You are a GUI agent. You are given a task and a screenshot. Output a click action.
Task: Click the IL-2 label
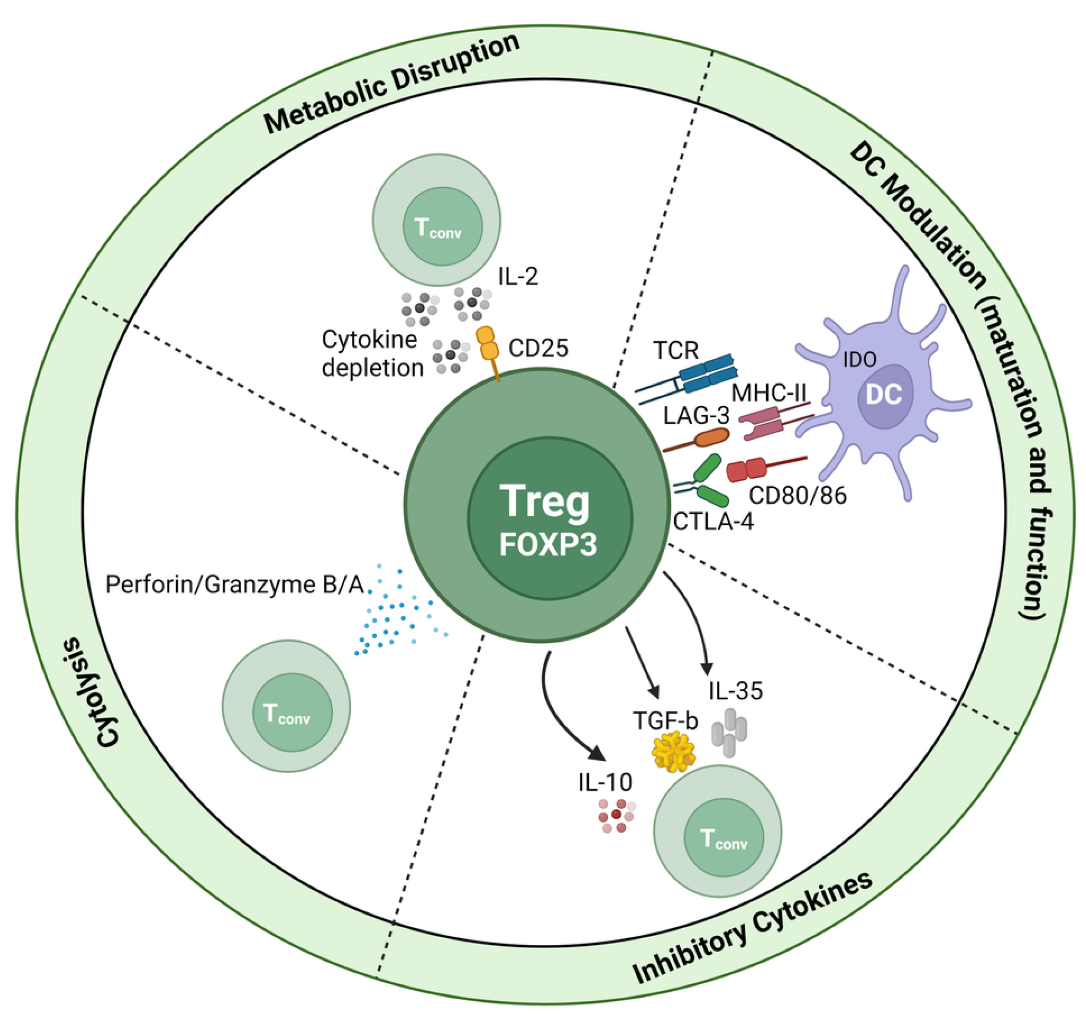(517, 276)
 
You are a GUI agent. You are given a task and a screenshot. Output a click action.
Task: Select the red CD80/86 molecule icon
(747, 470)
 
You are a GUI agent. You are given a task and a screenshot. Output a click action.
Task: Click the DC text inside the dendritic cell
(884, 394)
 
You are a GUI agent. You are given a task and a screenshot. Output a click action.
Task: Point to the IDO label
(860, 359)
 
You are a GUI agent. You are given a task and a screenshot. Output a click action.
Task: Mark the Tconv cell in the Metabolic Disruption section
(437, 220)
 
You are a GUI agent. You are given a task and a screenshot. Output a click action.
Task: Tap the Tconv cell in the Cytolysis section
(286, 706)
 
